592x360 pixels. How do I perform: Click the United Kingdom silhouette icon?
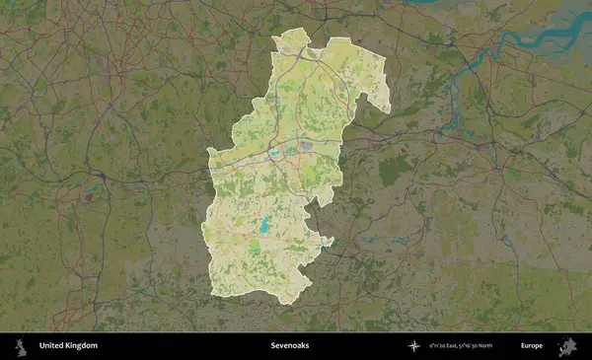(19, 346)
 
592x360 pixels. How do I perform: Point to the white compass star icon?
(413, 346)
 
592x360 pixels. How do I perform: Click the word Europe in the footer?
(532, 346)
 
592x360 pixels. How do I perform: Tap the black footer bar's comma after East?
(463, 348)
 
